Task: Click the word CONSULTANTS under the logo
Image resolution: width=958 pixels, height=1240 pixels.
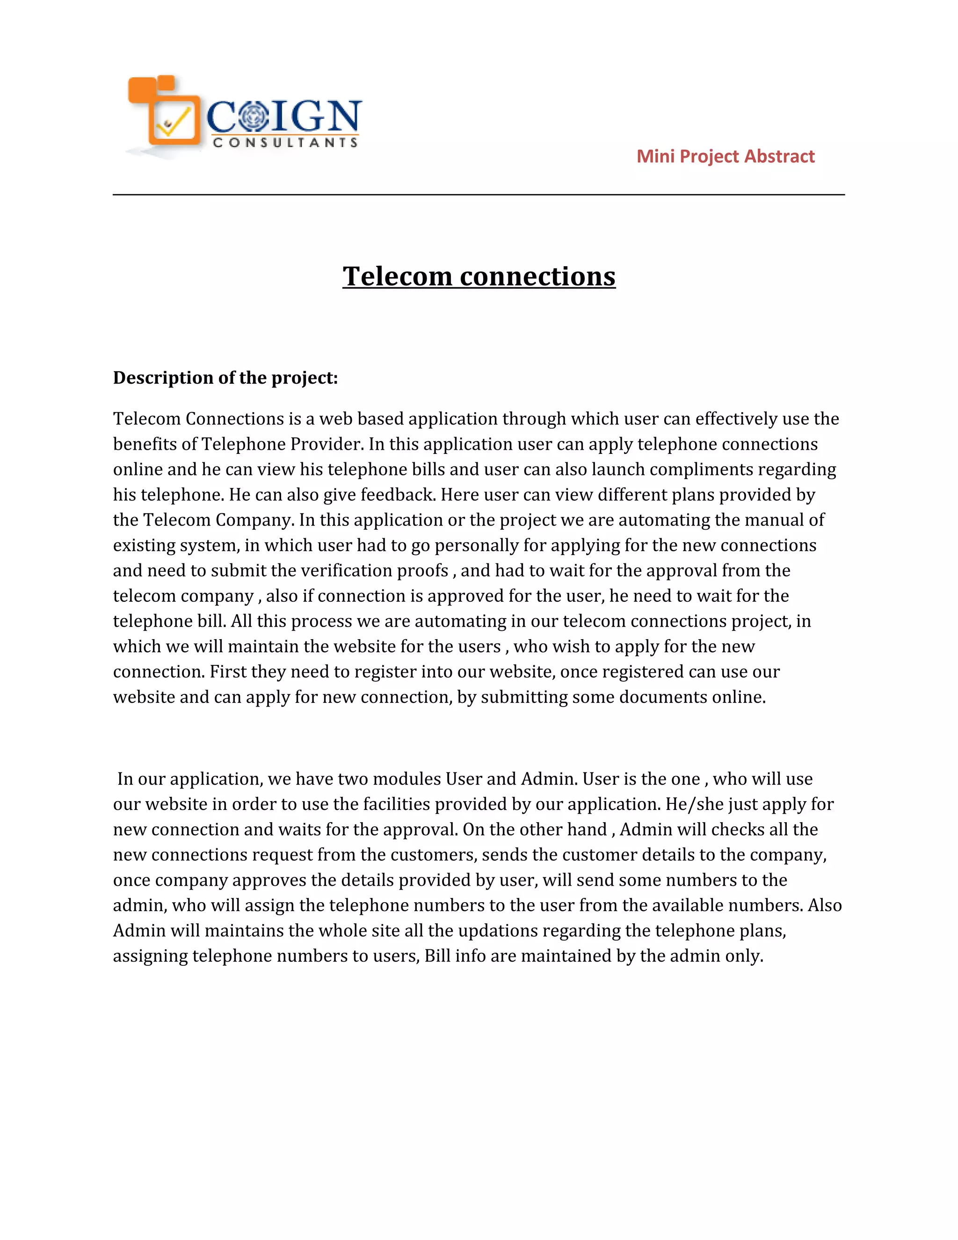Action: pyautogui.click(x=285, y=143)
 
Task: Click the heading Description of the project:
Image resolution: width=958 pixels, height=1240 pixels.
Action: pyautogui.click(x=225, y=378)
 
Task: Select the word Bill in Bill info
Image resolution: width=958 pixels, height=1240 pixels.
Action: pyautogui.click(x=437, y=956)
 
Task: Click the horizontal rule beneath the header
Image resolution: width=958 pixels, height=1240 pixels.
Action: pyautogui.click(x=479, y=195)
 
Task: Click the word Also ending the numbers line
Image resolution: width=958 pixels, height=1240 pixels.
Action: pyautogui.click(x=824, y=905)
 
